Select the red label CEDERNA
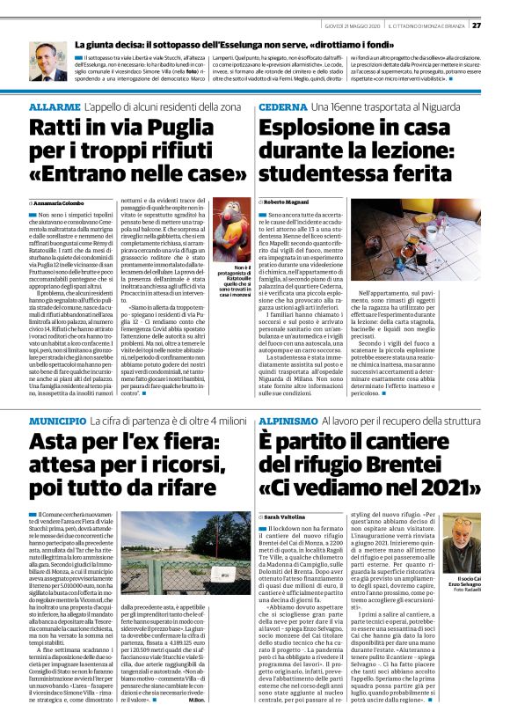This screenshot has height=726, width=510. [281, 106]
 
